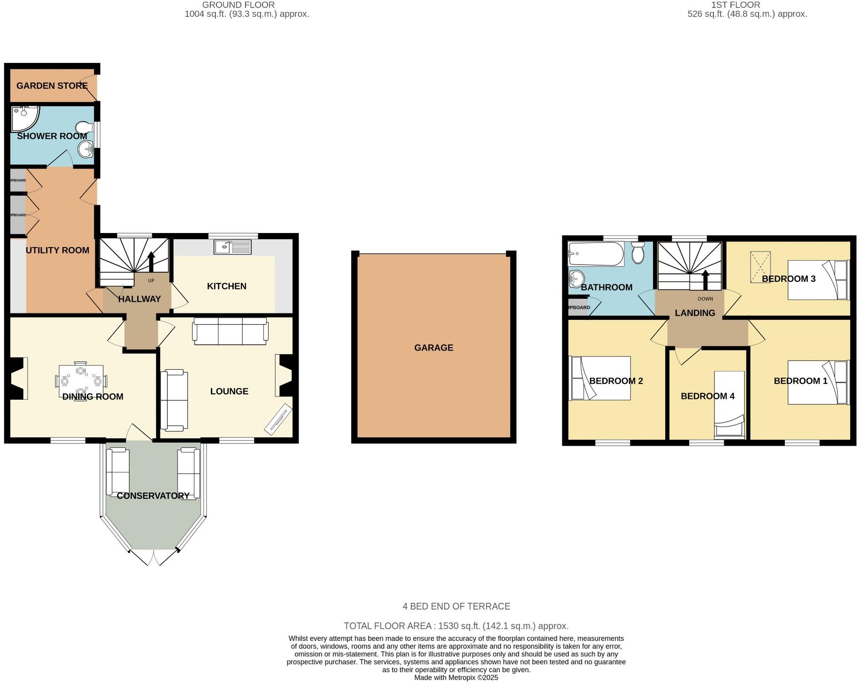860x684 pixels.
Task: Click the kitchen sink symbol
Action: click(232, 247)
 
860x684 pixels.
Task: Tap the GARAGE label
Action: click(433, 348)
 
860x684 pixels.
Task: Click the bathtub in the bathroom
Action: click(596, 254)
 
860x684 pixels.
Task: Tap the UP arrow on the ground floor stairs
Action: click(151, 261)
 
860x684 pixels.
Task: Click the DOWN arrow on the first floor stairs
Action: click(705, 280)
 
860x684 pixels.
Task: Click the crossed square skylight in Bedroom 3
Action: click(760, 267)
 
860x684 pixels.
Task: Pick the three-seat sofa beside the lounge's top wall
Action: click(230, 331)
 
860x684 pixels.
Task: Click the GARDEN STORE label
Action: click(52, 85)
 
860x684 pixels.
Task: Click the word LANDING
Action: click(695, 313)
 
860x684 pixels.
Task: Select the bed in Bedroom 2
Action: click(599, 378)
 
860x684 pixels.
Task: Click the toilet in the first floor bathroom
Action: click(637, 253)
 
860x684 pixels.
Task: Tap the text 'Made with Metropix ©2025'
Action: click(456, 677)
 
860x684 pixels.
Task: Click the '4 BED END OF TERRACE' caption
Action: click(456, 606)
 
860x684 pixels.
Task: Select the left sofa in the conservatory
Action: click(117, 472)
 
